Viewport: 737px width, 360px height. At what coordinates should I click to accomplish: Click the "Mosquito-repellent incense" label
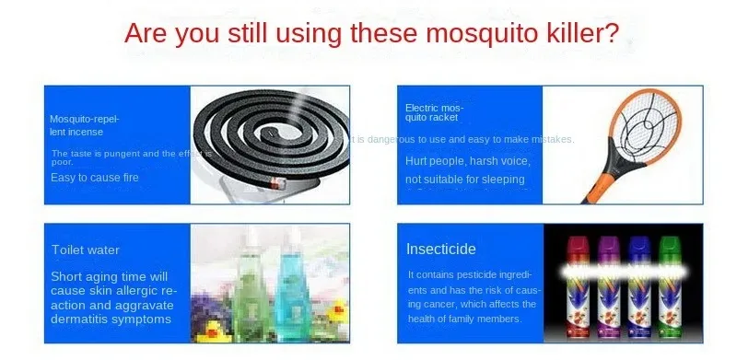pyautogui.click(x=84, y=125)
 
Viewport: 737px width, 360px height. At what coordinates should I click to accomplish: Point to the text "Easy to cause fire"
pyautogui.click(x=94, y=177)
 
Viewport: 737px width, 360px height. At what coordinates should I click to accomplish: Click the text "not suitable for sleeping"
pyautogui.click(x=465, y=179)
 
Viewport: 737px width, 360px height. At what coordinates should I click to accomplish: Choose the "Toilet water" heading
pyautogui.click(x=86, y=250)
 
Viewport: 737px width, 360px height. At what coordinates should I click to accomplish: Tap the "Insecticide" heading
pyautogui.click(x=442, y=250)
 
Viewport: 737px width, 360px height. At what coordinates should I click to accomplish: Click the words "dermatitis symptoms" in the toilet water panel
pyautogui.click(x=111, y=319)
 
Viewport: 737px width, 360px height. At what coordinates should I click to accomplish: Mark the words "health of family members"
pyautogui.click(x=465, y=319)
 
